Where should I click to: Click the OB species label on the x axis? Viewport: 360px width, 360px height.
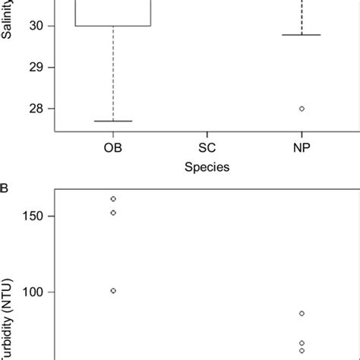coord(113,147)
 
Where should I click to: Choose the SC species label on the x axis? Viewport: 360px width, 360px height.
coord(207,147)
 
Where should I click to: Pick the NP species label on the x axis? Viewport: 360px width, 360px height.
coord(302,147)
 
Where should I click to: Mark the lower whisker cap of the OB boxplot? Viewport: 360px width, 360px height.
coord(113,121)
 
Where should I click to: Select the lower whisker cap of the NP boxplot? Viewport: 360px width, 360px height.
coord(302,35)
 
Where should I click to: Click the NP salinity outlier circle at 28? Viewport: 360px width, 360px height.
coord(302,109)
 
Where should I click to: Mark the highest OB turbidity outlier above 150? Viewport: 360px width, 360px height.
coord(113,199)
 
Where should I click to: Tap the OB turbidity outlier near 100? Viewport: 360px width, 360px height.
coord(113,291)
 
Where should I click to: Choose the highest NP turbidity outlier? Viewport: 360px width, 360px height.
coord(302,314)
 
